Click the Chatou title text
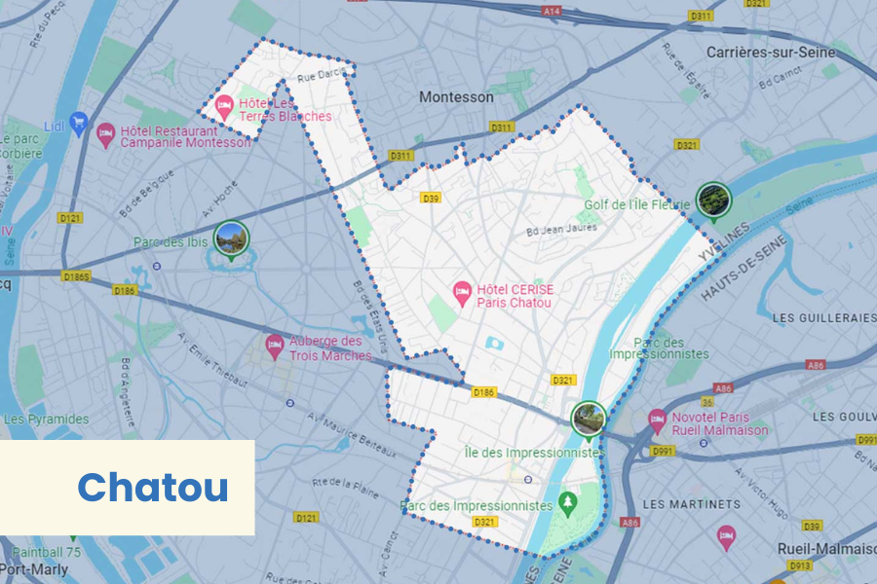[153, 488]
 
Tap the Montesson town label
[456, 97]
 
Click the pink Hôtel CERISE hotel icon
[463, 290]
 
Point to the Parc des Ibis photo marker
[231, 237]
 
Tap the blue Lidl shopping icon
[79, 123]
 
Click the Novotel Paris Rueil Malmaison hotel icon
[658, 417]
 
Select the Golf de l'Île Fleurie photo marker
[714, 199]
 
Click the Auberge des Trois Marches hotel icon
[276, 344]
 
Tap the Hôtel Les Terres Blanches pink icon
[224, 104]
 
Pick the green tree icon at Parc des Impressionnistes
[568, 504]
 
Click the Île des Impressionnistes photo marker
[588, 418]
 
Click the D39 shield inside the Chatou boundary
[431, 199]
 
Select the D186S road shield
[77, 276]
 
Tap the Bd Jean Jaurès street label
[561, 231]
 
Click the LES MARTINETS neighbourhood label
[692, 504]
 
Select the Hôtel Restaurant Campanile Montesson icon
[106, 135]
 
